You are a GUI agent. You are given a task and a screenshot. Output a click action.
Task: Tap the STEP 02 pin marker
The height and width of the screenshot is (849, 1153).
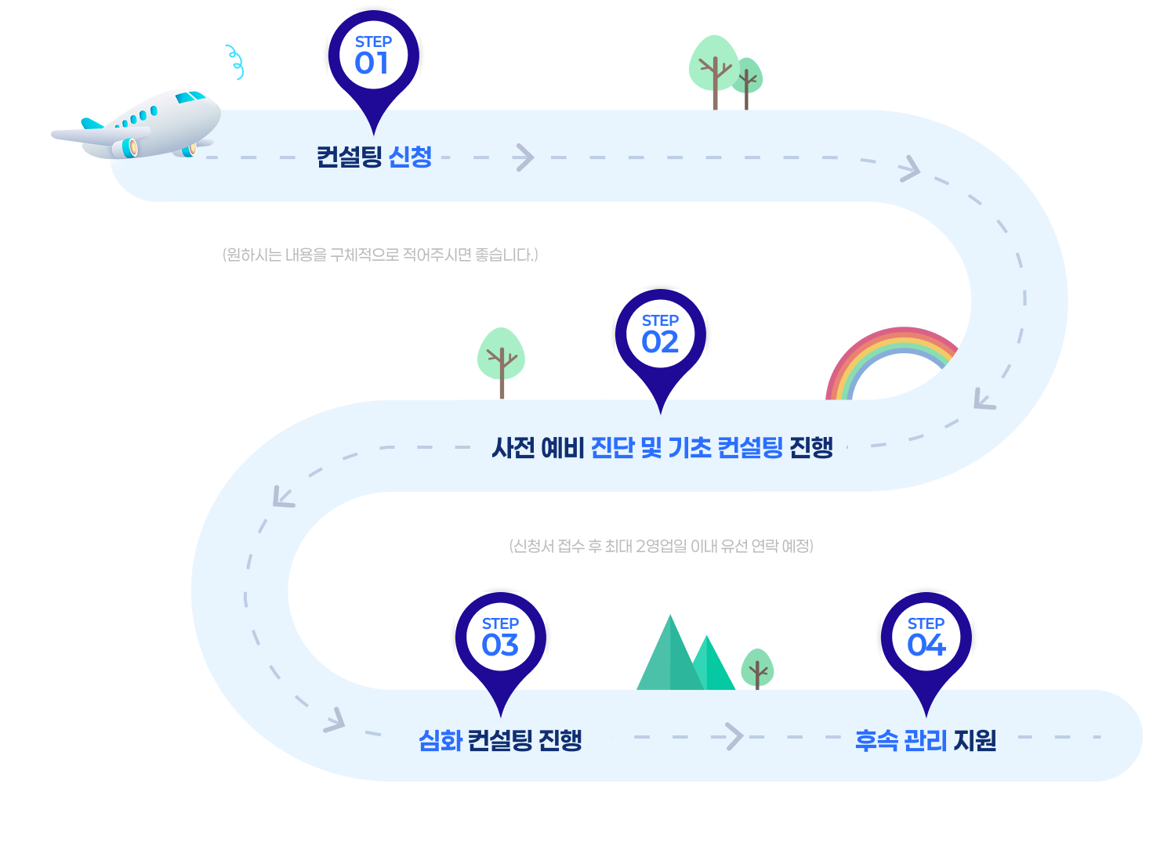[660, 340]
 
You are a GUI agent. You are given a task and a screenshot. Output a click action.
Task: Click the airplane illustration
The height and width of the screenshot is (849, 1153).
[137, 125]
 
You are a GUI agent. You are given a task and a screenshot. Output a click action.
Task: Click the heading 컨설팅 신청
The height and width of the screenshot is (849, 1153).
[374, 157]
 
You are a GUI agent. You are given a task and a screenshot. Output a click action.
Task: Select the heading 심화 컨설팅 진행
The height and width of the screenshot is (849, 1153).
[500, 739]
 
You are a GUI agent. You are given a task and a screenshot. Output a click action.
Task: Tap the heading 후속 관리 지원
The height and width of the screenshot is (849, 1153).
[925, 739]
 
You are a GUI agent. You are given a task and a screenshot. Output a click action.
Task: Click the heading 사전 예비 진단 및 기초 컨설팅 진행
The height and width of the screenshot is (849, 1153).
[662, 447]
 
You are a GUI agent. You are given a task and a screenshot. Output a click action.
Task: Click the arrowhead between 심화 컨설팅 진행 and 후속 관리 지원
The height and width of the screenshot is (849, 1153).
[734, 736]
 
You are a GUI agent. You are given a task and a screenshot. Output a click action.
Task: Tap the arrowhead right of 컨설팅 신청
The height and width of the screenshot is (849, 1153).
[524, 157]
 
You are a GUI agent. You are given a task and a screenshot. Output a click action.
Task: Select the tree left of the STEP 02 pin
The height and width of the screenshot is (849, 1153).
[501, 360]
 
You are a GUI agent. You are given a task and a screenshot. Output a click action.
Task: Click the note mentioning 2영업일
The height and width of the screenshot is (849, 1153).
[662, 546]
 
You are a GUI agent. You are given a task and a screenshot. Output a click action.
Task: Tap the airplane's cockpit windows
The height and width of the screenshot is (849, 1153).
[191, 97]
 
